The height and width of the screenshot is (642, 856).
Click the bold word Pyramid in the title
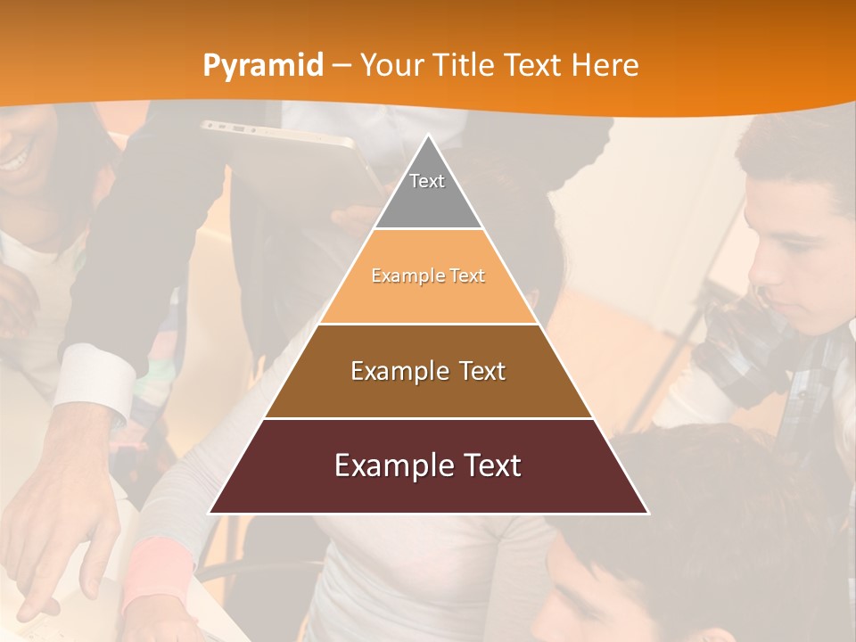click(x=262, y=65)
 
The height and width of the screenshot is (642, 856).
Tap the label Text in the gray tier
click(x=427, y=181)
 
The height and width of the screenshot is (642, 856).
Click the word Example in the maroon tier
click(x=384, y=465)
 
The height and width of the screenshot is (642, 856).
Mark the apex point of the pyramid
click(x=429, y=136)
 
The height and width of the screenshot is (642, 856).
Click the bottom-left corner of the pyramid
click(x=210, y=513)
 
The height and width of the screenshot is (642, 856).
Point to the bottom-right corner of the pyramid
click(x=648, y=513)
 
